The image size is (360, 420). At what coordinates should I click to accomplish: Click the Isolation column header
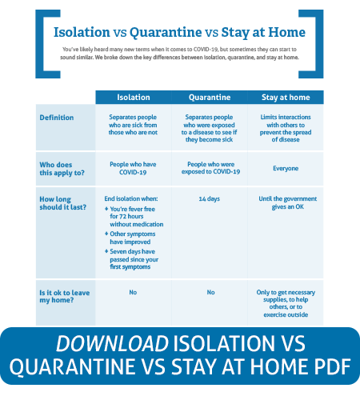pyautogui.click(x=133, y=98)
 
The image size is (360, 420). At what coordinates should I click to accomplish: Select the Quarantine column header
pyautogui.click(x=210, y=98)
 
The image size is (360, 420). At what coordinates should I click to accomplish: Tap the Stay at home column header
pyautogui.click(x=286, y=98)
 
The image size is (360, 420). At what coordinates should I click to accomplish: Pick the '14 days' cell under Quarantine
pyautogui.click(x=210, y=197)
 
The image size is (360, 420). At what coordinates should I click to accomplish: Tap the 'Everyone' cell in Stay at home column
pyautogui.click(x=286, y=169)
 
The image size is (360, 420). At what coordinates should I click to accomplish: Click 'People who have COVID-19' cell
pyautogui.click(x=133, y=169)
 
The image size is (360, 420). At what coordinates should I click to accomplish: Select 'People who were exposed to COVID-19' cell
pyautogui.click(x=210, y=169)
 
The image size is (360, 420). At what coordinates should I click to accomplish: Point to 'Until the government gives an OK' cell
pyautogui.click(x=286, y=201)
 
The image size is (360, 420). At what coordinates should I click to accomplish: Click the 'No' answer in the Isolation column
pyautogui.click(x=133, y=292)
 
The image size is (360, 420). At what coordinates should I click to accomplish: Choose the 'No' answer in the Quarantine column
pyautogui.click(x=210, y=292)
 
